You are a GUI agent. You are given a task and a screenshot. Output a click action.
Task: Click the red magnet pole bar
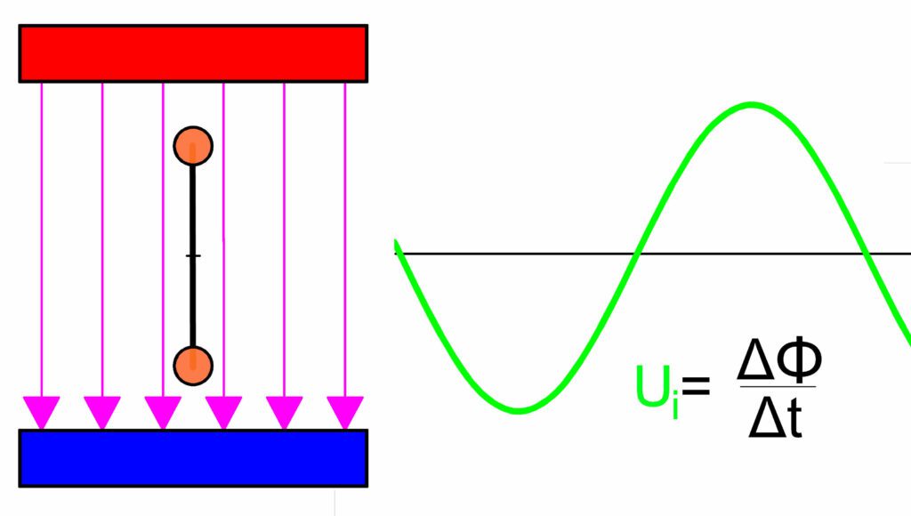coord(193,53)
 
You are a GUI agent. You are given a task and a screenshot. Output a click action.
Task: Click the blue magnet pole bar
coord(193,458)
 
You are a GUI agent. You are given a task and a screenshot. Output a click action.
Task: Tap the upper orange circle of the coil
coord(193,146)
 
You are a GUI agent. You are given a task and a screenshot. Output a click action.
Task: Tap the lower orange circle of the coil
coord(193,366)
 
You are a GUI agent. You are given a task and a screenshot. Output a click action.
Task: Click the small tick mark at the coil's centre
coord(193,255)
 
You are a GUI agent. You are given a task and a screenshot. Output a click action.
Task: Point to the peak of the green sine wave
coord(751,105)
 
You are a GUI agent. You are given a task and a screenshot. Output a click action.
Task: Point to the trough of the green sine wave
coord(520,410)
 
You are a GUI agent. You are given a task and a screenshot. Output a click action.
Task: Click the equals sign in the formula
coord(696,385)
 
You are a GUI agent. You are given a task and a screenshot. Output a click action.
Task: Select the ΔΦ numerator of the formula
coord(779,360)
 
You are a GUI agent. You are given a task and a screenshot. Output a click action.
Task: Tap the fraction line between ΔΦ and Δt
coord(778,386)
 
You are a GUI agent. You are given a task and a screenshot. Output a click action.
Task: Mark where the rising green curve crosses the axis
coord(636,254)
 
